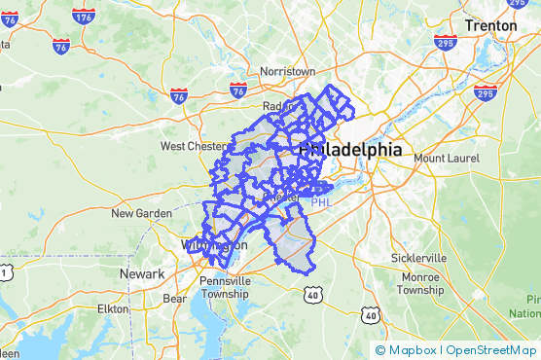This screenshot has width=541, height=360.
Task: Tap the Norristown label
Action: pyautogui.click(x=287, y=72)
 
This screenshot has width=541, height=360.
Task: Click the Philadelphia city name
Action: pyautogui.click(x=350, y=150)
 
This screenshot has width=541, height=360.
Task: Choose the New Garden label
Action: pyautogui.click(x=142, y=213)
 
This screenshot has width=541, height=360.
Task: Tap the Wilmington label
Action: pyautogui.click(x=214, y=245)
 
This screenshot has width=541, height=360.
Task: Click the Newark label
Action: pyautogui.click(x=142, y=274)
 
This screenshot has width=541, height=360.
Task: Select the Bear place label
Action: pyautogui.click(x=174, y=298)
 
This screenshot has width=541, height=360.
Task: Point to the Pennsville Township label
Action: pyautogui.click(x=225, y=287)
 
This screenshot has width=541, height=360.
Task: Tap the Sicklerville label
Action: pyautogui.click(x=418, y=258)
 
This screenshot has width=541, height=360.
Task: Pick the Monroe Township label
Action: pyautogui.click(x=420, y=283)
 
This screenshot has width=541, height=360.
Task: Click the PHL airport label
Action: pyautogui.click(x=322, y=201)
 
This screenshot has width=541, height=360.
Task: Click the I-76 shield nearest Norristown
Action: pyautogui.click(x=239, y=90)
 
